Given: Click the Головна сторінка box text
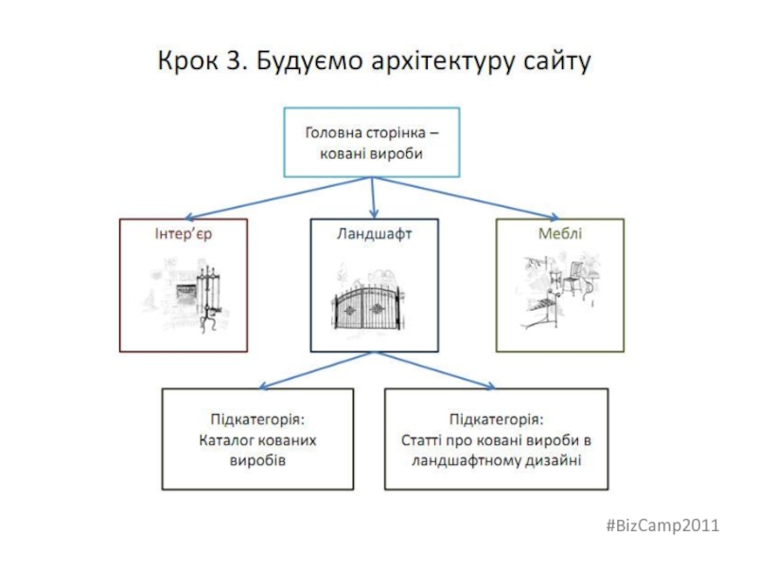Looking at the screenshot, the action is (374, 143).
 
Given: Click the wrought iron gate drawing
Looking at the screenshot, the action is (374, 301).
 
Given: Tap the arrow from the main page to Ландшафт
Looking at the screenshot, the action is (375, 198).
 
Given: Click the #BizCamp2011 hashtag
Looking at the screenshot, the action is (673, 525).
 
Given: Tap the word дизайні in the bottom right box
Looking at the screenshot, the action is (556, 461).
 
